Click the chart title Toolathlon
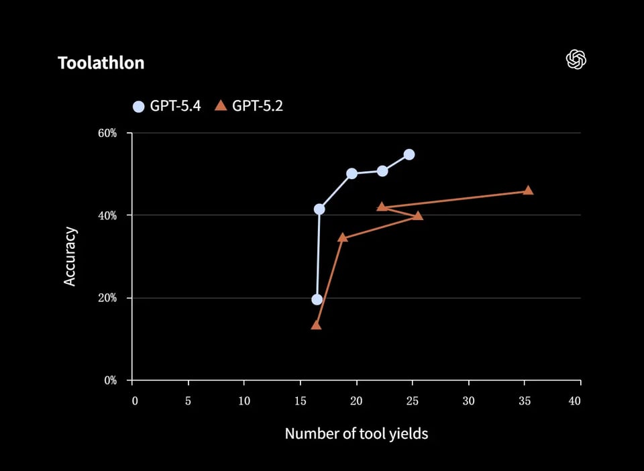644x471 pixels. tap(101, 63)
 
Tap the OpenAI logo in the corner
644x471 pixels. tap(576, 60)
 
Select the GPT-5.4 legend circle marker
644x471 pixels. tap(139, 106)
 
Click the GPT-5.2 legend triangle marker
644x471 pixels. tap(221, 105)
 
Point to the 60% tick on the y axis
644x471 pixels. tap(107, 133)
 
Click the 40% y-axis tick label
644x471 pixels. tap(107, 215)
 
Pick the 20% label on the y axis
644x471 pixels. tap(107, 298)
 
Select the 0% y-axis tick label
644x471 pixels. tap(110, 380)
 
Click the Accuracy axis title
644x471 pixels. tap(70, 257)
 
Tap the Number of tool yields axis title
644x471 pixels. tap(356, 433)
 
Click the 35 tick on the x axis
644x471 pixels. tap(524, 401)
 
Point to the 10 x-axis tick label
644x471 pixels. tap(244, 401)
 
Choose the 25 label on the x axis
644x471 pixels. tap(412, 401)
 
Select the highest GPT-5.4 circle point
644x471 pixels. tap(409, 155)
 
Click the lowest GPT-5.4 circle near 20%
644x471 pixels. tap(317, 299)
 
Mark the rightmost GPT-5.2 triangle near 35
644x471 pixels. tap(528, 191)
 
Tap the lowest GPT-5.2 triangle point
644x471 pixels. tap(316, 325)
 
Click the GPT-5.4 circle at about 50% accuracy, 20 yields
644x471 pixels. tap(352, 173)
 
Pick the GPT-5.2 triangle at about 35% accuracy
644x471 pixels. tap(343, 238)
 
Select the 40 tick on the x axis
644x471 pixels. tap(574, 401)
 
